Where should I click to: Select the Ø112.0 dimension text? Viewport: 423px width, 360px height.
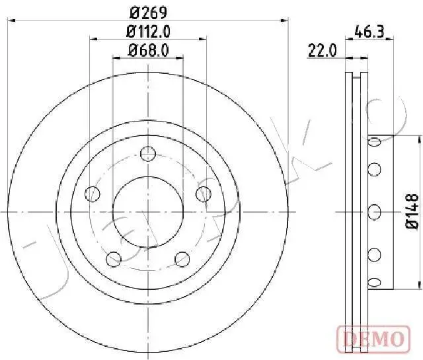point(149,31)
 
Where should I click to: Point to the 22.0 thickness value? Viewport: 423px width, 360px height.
point(322,50)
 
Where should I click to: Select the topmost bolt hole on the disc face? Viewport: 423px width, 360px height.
point(149,155)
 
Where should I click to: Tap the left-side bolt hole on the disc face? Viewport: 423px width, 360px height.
point(94,194)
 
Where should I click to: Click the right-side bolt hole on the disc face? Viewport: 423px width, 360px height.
point(204,194)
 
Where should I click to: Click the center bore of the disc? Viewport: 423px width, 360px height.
point(149,211)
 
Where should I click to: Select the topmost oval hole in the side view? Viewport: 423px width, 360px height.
point(375,141)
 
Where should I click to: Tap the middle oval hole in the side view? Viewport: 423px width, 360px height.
point(375,211)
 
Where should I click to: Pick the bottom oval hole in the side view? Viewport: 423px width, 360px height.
point(375,283)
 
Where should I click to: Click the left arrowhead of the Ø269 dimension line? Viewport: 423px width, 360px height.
point(11,21)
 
